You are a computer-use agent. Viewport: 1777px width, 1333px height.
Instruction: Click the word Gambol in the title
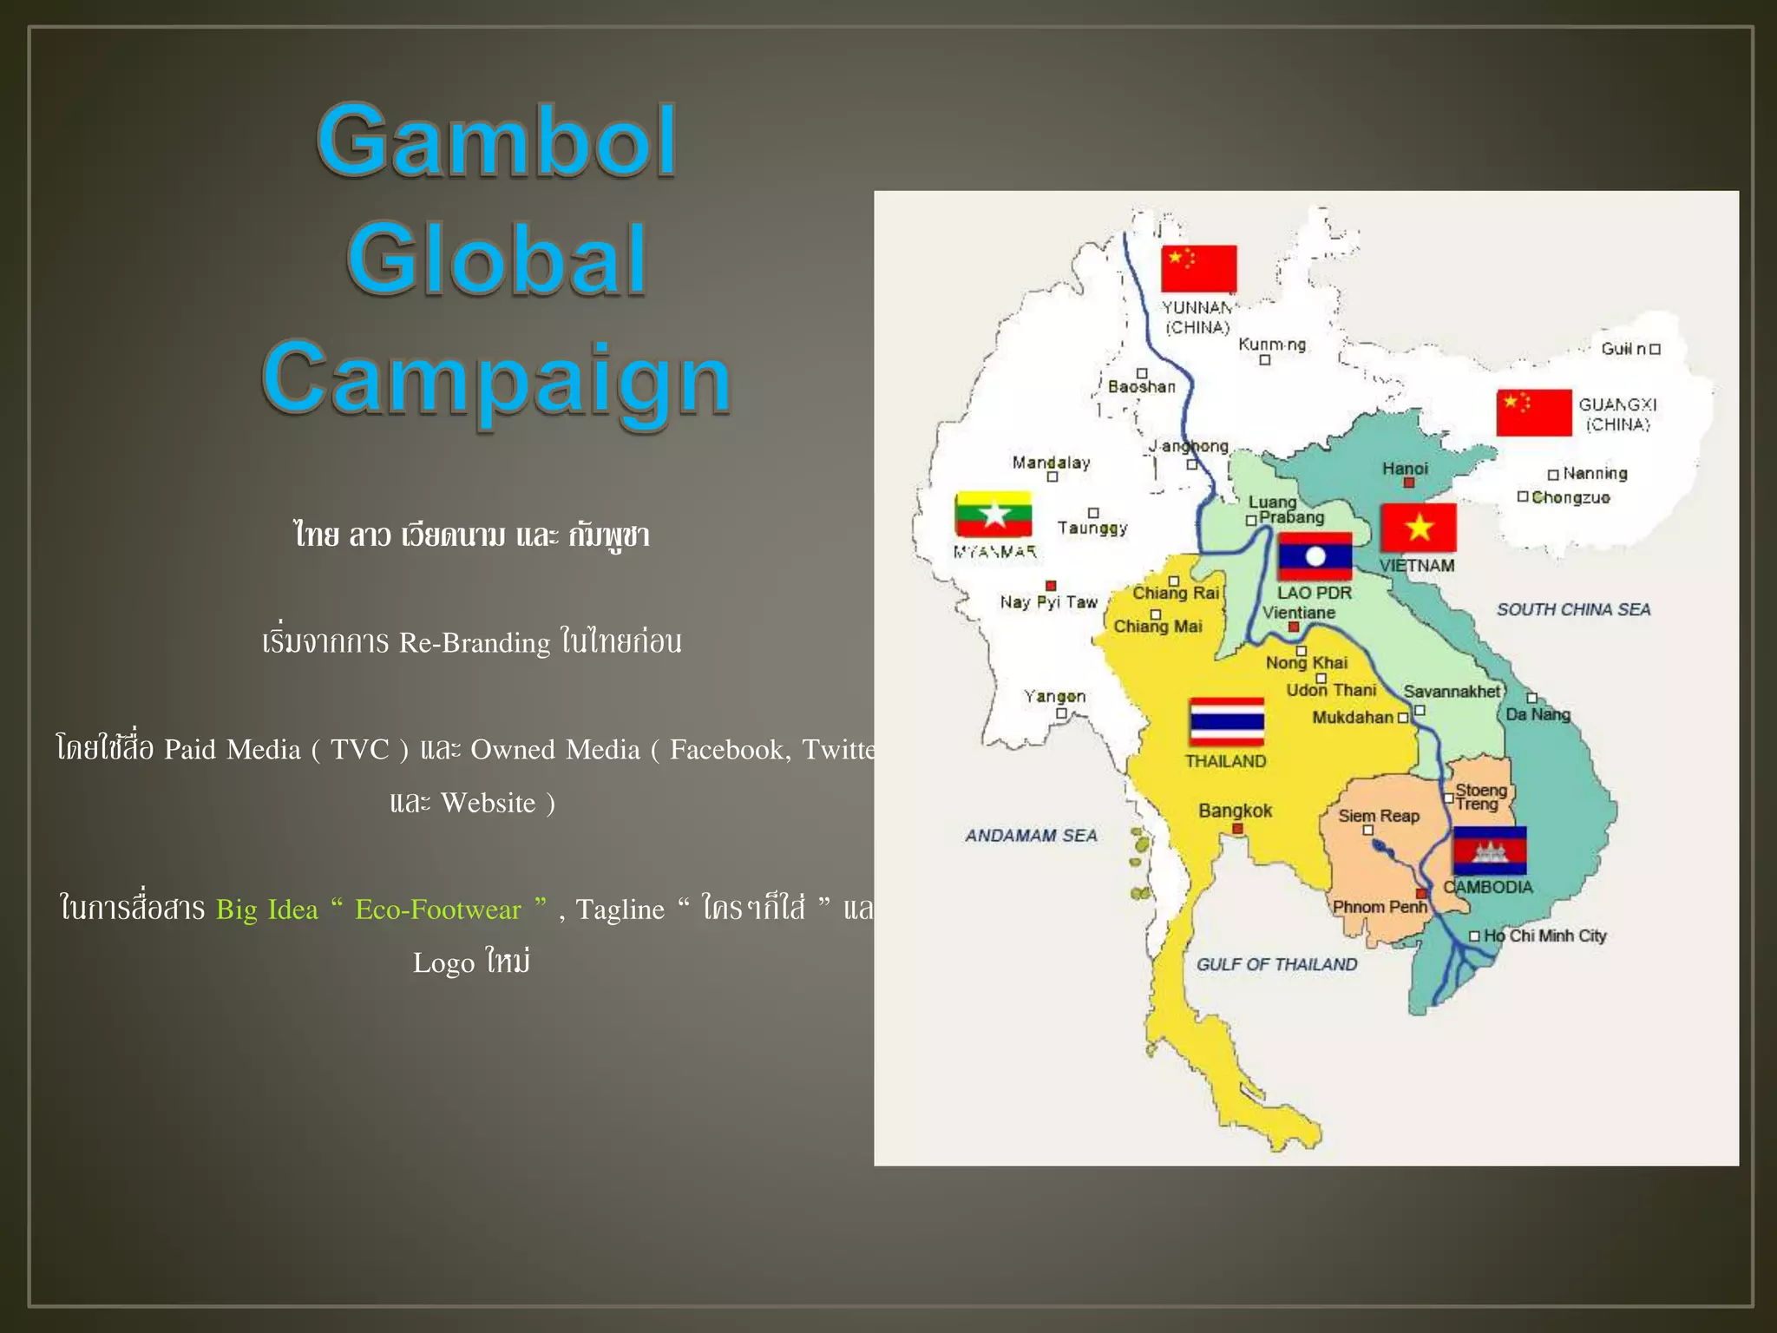pyautogui.click(x=496, y=141)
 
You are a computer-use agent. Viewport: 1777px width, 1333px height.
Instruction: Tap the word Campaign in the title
pyautogui.click(x=496, y=378)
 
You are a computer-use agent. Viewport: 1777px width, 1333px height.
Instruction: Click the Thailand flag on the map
pyautogui.click(x=1226, y=721)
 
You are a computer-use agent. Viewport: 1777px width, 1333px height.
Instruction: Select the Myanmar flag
pyautogui.click(x=993, y=515)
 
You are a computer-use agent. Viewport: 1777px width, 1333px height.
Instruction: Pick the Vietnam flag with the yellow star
pyautogui.click(x=1419, y=528)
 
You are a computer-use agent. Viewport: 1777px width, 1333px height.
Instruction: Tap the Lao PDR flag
pyautogui.click(x=1315, y=556)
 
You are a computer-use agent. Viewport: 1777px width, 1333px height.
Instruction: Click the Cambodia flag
pyautogui.click(x=1489, y=850)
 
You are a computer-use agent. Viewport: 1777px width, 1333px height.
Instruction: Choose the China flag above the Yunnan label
pyautogui.click(x=1198, y=269)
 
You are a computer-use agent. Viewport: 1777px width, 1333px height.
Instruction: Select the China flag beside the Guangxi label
pyautogui.click(x=1533, y=412)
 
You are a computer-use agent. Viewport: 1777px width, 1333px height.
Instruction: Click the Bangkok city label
pyautogui.click(x=1235, y=811)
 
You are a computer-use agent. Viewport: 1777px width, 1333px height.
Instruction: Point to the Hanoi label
pyautogui.click(x=1405, y=469)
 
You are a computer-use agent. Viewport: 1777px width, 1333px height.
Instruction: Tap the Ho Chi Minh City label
pyautogui.click(x=1544, y=936)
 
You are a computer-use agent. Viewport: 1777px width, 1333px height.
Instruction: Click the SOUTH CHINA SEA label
pyautogui.click(x=1573, y=609)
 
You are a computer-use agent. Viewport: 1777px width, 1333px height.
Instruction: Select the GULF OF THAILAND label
pyautogui.click(x=1276, y=964)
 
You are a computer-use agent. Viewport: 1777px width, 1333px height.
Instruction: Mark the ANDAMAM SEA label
pyautogui.click(x=1031, y=835)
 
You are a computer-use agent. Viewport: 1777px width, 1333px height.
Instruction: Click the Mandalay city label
pyautogui.click(x=1051, y=463)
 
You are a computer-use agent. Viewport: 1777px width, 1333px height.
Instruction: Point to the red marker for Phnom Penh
pyautogui.click(x=1421, y=894)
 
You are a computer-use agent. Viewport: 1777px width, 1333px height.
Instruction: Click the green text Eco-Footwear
pyautogui.click(x=438, y=909)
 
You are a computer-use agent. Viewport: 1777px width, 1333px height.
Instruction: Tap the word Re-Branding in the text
pyautogui.click(x=475, y=643)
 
